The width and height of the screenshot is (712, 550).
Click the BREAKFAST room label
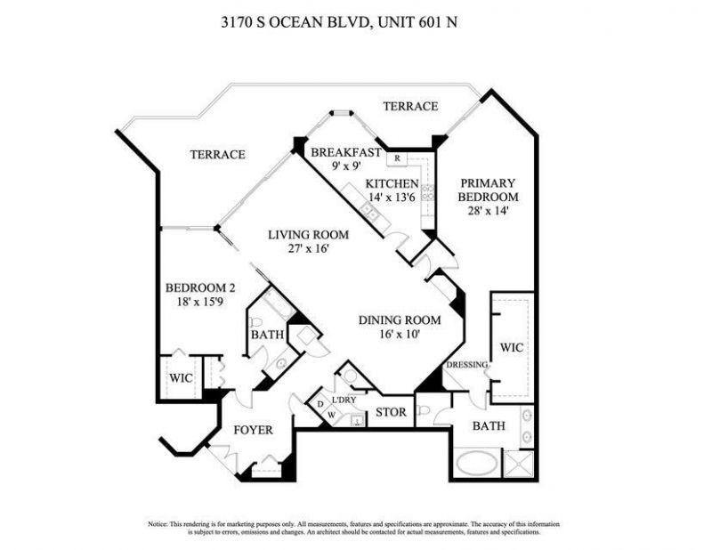[x=345, y=152]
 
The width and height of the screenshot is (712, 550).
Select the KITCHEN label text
[x=392, y=184]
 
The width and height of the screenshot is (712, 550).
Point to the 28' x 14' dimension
[x=486, y=211]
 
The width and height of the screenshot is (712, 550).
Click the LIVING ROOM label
[x=309, y=235]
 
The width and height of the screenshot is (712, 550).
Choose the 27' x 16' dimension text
[x=308, y=249]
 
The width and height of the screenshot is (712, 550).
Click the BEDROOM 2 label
[x=200, y=287]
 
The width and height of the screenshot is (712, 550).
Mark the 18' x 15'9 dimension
[x=200, y=303]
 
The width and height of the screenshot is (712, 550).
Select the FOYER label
[x=253, y=430]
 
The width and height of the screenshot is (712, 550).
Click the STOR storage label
[x=390, y=412]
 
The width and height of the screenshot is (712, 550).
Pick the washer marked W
[x=330, y=415]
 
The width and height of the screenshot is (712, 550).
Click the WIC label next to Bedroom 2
[x=181, y=377]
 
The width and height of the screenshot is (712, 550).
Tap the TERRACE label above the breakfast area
[x=410, y=106]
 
